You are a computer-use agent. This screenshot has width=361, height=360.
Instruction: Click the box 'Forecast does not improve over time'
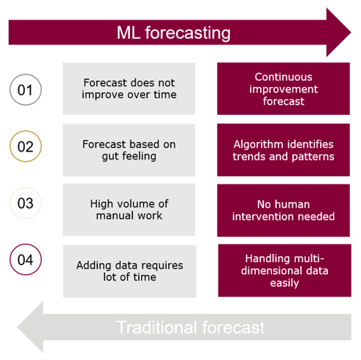129,89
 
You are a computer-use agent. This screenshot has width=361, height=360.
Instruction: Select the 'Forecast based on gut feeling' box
129,150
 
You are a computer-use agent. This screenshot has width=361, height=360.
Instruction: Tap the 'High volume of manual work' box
129,209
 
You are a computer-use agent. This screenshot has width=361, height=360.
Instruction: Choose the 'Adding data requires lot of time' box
129,271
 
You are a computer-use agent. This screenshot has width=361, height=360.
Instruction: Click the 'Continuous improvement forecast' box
284,89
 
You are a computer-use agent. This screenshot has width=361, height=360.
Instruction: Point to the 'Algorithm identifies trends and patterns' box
284,150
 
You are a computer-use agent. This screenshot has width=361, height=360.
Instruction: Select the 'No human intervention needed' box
284,210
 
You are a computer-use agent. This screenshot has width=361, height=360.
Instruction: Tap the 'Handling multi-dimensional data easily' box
285,271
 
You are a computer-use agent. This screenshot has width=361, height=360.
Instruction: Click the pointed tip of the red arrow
351,32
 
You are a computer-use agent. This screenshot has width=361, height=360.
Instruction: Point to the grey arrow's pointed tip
18,327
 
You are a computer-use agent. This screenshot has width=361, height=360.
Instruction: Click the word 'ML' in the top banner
129,33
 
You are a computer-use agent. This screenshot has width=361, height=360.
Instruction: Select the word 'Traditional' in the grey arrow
156,327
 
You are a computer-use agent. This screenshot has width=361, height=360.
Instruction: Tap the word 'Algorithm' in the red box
256,144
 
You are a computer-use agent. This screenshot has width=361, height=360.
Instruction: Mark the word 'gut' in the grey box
111,157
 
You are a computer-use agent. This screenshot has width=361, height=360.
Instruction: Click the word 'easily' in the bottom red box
284,283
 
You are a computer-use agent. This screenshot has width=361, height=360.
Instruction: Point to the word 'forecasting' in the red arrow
188,33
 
